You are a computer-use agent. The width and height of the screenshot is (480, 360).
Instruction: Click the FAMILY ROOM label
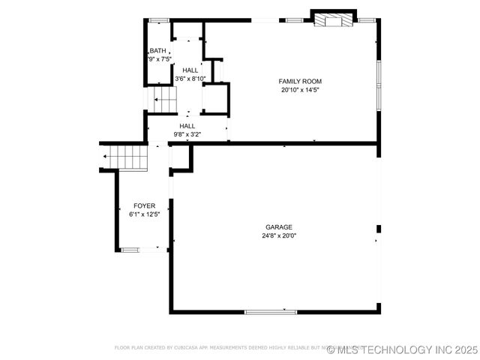(300, 81)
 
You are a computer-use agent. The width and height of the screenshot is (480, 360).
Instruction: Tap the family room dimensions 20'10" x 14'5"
(300, 90)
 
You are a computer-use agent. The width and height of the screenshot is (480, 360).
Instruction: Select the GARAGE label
(278, 227)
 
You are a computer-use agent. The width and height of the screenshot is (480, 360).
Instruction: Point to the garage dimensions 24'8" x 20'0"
(278, 235)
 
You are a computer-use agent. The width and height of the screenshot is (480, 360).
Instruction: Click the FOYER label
(144, 205)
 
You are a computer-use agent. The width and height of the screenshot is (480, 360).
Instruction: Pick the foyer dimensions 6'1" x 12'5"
(144, 214)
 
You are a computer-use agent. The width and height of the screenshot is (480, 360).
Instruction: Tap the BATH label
(157, 50)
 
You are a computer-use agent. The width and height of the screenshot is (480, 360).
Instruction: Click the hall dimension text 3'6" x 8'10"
(190, 79)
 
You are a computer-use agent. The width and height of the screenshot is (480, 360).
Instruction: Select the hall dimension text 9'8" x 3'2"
(187, 135)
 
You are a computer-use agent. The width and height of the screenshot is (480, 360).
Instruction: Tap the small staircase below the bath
(163, 97)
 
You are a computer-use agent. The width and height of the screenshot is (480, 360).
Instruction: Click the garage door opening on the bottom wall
(271, 311)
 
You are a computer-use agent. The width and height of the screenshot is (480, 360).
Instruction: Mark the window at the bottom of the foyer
(130, 250)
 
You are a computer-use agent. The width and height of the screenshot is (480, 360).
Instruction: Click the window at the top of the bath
(159, 20)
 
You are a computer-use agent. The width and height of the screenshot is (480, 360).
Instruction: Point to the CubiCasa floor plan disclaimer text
(225, 348)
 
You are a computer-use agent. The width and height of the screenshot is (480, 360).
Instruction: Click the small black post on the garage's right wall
(379, 229)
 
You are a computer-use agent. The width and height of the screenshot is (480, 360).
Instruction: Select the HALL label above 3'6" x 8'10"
(190, 70)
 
